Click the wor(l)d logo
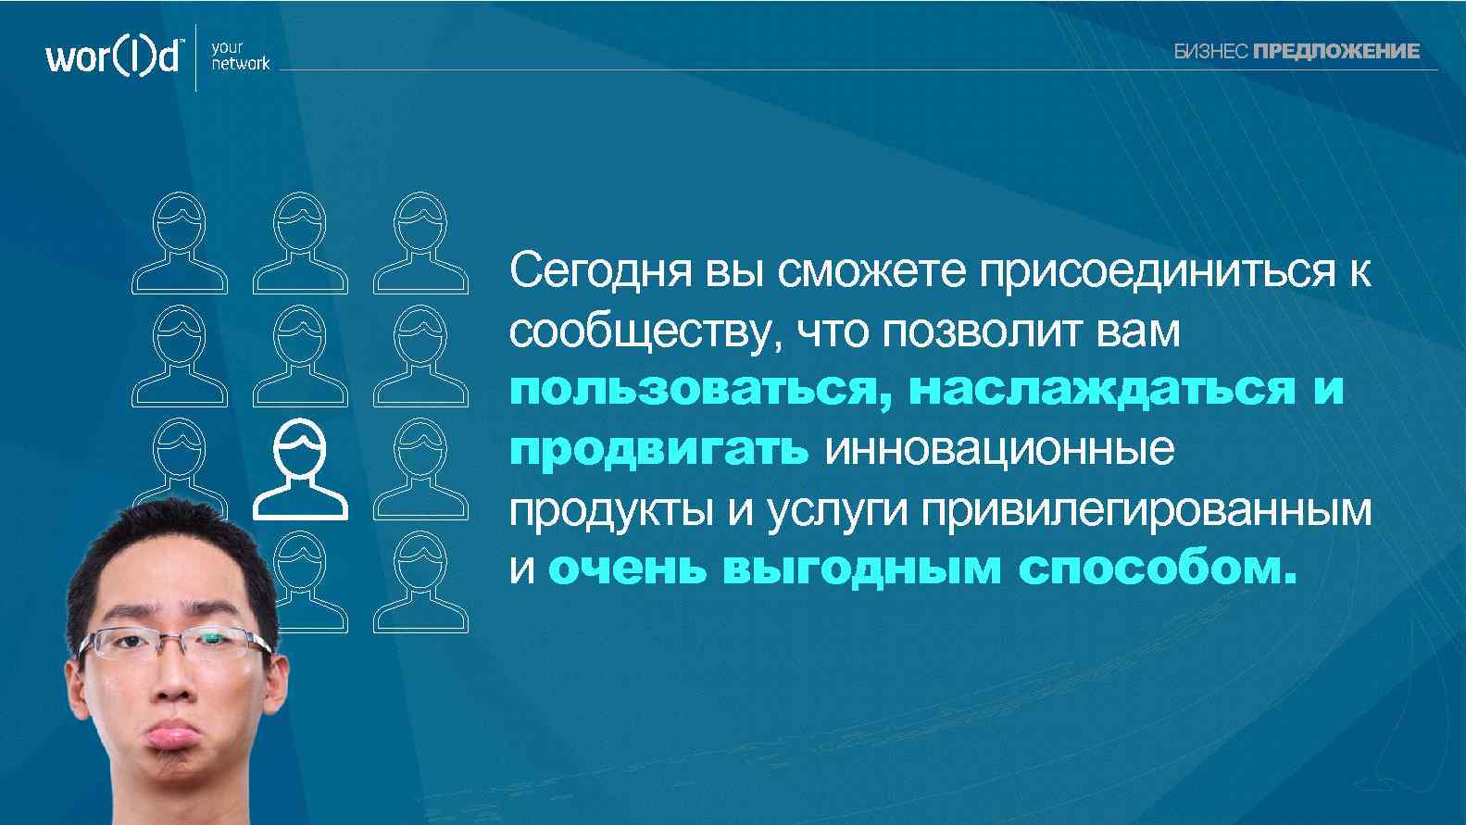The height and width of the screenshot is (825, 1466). pyautogui.click(x=112, y=56)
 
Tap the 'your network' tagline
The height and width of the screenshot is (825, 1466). pyautogui.click(x=240, y=56)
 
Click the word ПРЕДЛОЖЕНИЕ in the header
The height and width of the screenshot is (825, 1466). pyautogui.click(x=1335, y=52)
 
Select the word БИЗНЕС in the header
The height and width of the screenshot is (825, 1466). pyautogui.click(x=1211, y=52)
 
